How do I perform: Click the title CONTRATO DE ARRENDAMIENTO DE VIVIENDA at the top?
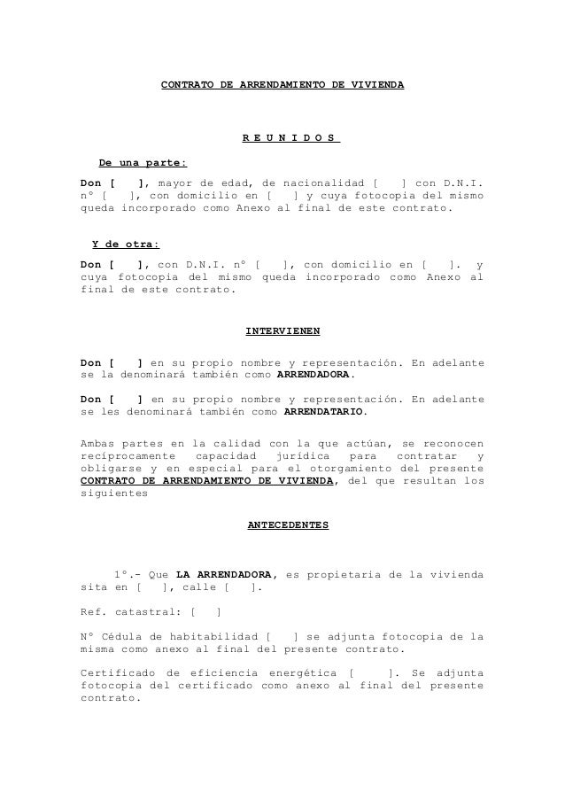[282, 86]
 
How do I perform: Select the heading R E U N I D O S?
[290, 138]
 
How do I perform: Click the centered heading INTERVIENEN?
[282, 331]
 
